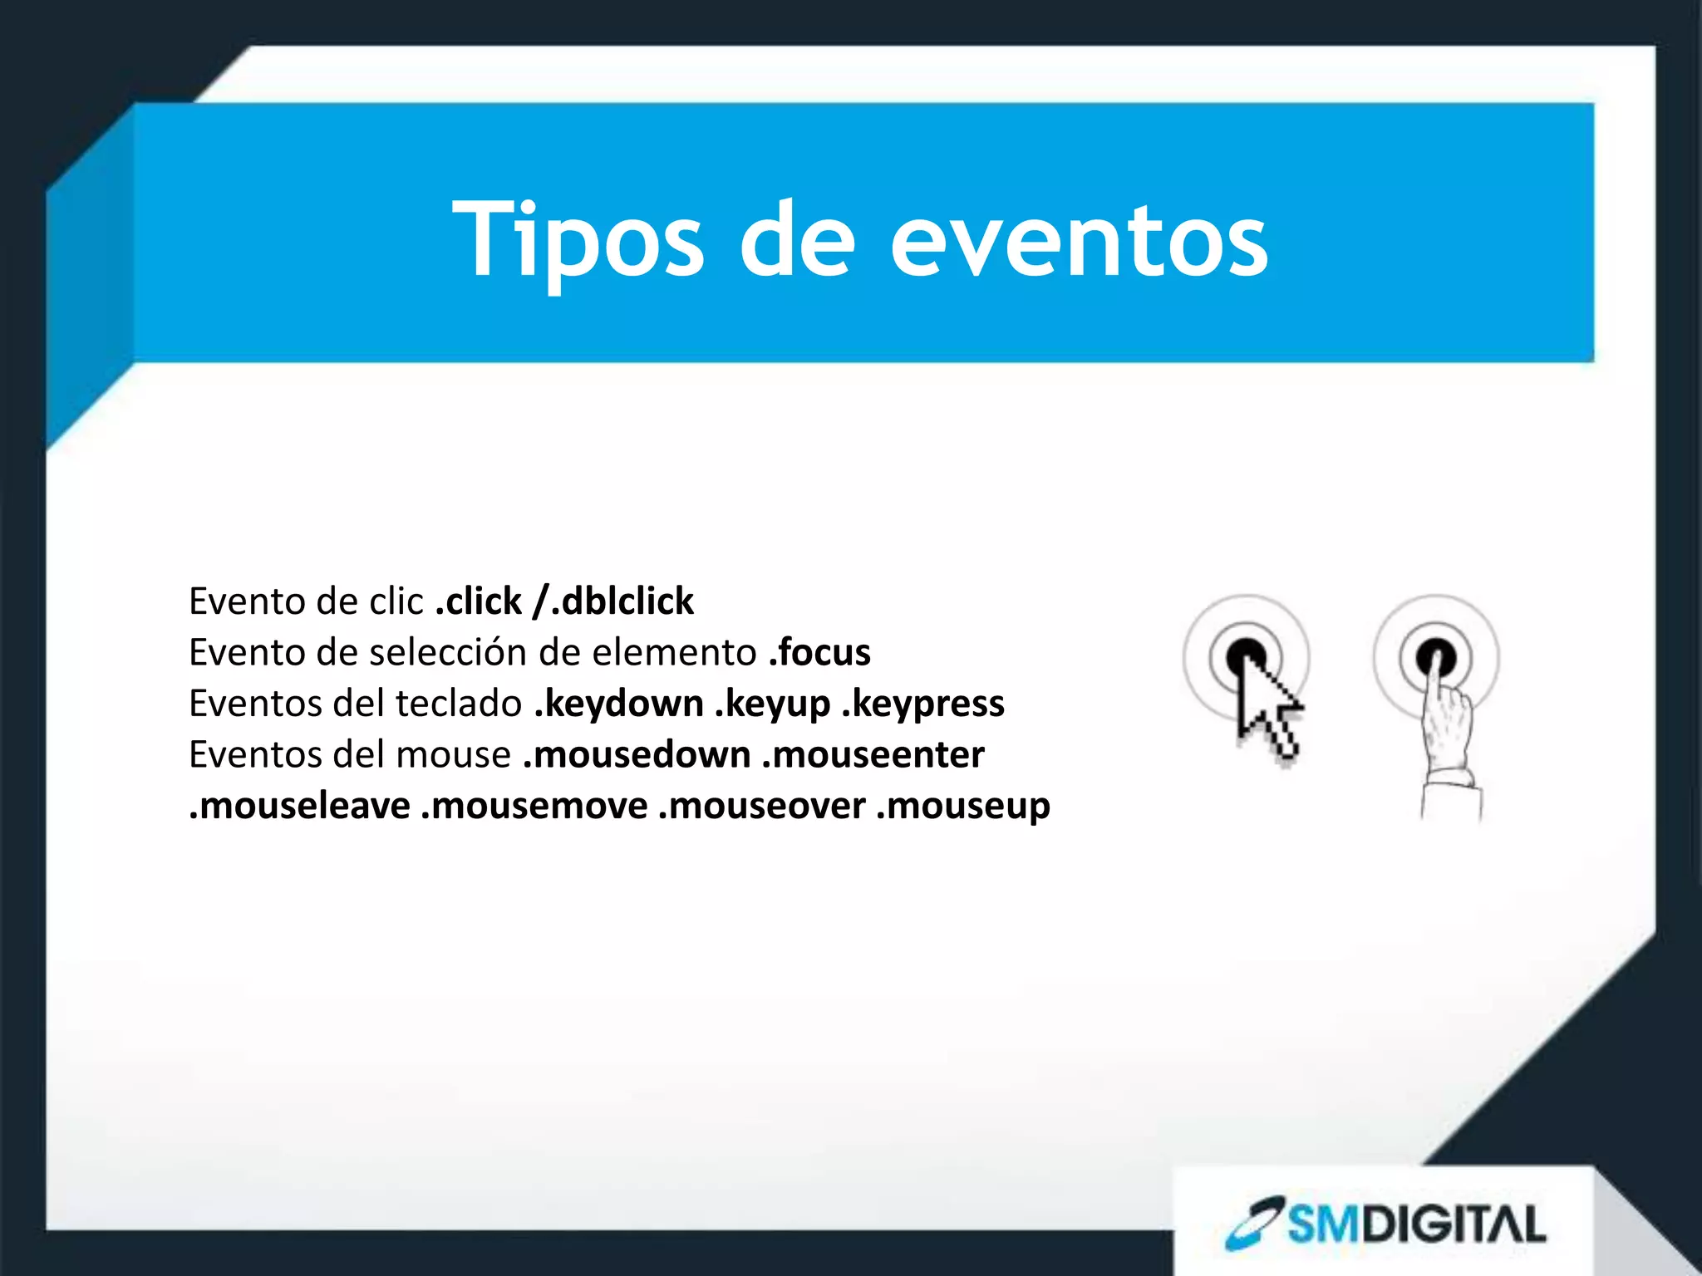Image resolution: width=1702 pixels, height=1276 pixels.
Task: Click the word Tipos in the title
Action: pos(578,241)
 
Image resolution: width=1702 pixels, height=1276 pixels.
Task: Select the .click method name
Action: pos(479,601)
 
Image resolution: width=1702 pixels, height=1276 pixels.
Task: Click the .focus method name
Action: pos(819,653)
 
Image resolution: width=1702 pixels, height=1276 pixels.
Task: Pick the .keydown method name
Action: pos(619,704)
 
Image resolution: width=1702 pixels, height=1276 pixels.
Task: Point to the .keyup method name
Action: pos(773,704)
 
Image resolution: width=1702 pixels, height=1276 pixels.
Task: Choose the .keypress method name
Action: pos(923,704)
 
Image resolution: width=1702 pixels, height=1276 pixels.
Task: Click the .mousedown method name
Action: pos(637,755)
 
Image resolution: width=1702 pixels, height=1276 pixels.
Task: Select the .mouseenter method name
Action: pos(873,755)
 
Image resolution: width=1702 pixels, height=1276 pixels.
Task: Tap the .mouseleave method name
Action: pos(300,806)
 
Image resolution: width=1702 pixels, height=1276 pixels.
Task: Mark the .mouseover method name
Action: pos(762,806)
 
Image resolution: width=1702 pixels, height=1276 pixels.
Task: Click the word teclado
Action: pos(459,704)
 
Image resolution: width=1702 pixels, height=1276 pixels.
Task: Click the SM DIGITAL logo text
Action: pos(1417,1224)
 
